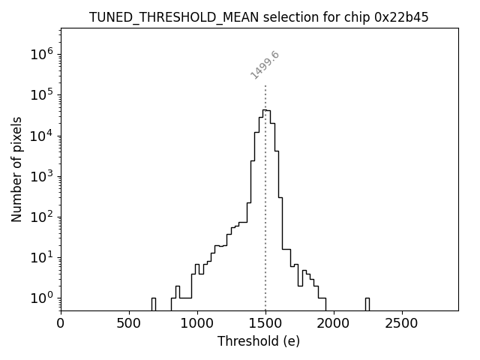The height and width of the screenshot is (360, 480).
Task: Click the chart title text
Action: coord(259,17)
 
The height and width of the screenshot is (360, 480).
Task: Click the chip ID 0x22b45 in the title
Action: coord(401,17)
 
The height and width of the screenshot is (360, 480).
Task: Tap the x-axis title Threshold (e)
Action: coord(259,341)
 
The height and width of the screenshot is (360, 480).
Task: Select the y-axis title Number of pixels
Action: coord(16,169)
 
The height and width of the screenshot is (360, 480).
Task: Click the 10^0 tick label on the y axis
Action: coord(41,298)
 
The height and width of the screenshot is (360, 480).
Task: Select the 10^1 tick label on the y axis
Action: coord(41,257)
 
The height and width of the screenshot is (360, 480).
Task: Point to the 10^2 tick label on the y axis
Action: coord(41,217)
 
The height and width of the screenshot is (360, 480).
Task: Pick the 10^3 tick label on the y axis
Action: coord(41,176)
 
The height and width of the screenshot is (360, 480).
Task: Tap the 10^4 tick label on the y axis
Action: coord(41,135)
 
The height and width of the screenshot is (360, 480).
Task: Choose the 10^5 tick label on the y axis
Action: coord(41,94)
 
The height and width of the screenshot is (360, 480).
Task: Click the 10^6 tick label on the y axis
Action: coord(41,54)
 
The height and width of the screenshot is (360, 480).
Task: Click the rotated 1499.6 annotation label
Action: coord(265,65)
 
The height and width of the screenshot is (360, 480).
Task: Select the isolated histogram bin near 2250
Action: coord(367,303)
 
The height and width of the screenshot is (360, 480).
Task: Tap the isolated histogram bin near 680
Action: coord(153,303)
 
